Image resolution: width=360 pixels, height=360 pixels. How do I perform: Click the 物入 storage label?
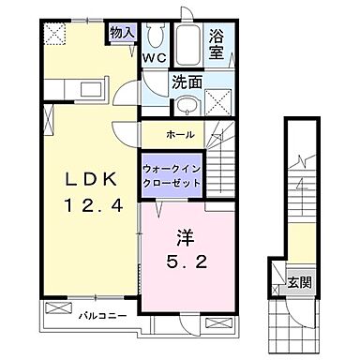point(122,33)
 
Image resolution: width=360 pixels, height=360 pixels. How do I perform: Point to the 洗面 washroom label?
point(185,82)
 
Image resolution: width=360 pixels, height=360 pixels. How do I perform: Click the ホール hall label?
point(181,134)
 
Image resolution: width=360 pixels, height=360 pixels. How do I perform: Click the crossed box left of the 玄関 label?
point(279,277)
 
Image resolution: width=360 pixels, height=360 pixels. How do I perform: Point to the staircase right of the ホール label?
point(223,150)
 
